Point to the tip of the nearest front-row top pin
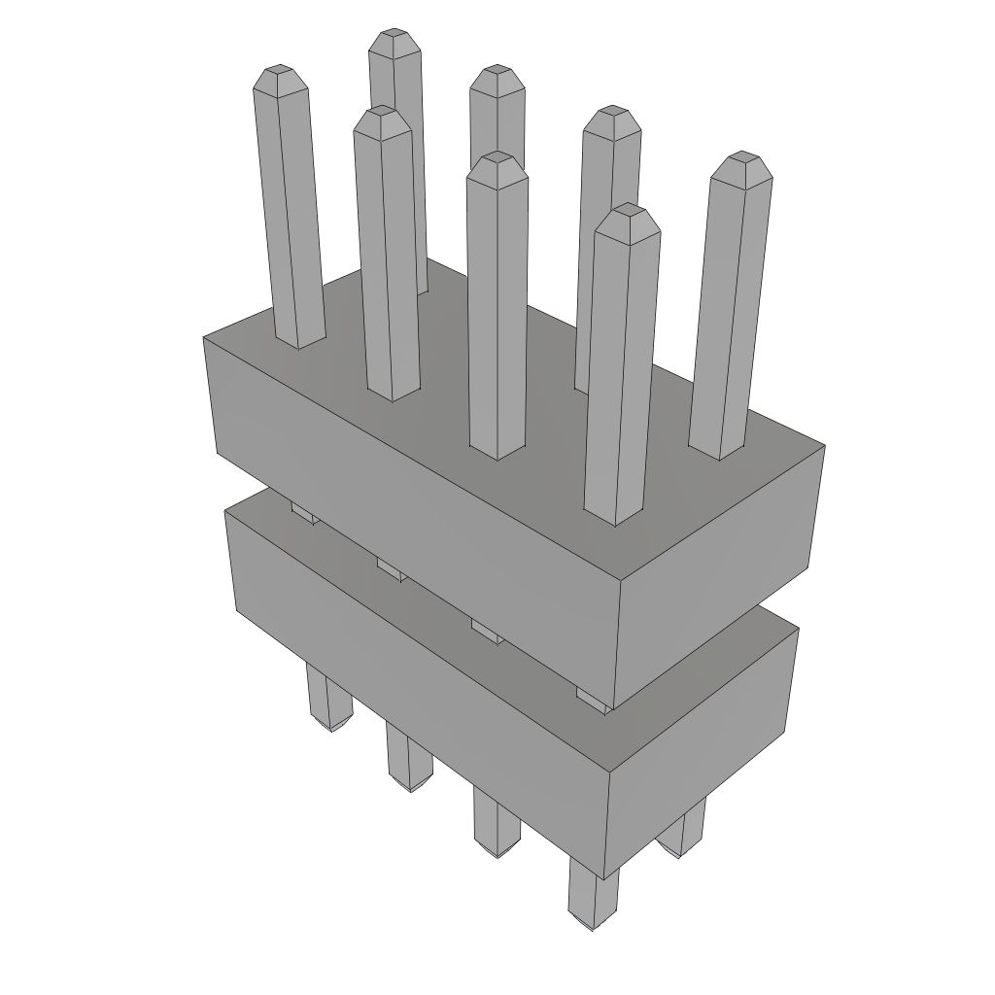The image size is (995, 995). (x=628, y=219)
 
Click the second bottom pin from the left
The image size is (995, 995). (x=409, y=763)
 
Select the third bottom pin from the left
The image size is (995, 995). (x=497, y=826)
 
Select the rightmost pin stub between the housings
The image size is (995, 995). (x=594, y=699)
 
